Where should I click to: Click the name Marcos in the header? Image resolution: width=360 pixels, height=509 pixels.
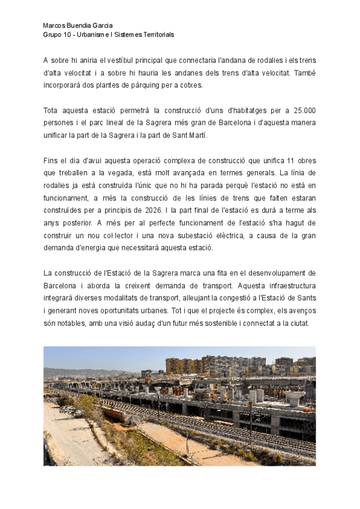55,26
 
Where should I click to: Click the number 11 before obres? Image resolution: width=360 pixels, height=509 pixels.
290,161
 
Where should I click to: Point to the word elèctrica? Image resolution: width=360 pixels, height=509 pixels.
248,236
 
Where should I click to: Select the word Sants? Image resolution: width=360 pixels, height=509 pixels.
303,298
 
